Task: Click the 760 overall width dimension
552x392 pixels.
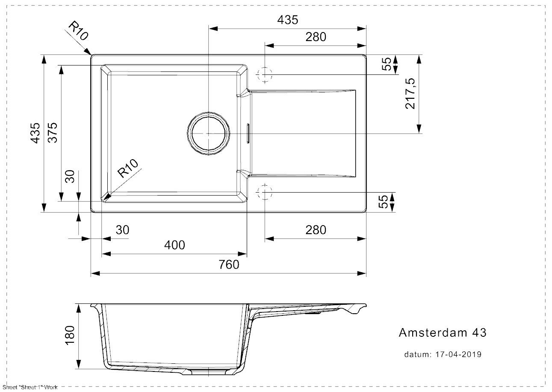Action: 230,265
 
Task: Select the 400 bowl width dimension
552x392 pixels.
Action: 175,245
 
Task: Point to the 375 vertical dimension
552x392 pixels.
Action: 53,133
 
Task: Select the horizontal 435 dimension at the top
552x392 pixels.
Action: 287,20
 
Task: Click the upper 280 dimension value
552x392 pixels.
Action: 316,37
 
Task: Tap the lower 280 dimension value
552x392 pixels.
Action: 316,230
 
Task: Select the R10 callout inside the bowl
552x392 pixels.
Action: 128,169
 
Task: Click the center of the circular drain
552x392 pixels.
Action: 208,134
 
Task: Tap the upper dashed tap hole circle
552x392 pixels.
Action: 265,74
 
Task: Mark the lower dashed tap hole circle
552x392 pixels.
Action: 265,193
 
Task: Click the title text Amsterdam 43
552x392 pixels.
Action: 442,333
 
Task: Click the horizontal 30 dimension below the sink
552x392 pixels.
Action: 122,230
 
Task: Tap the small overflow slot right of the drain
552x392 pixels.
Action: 247,133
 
